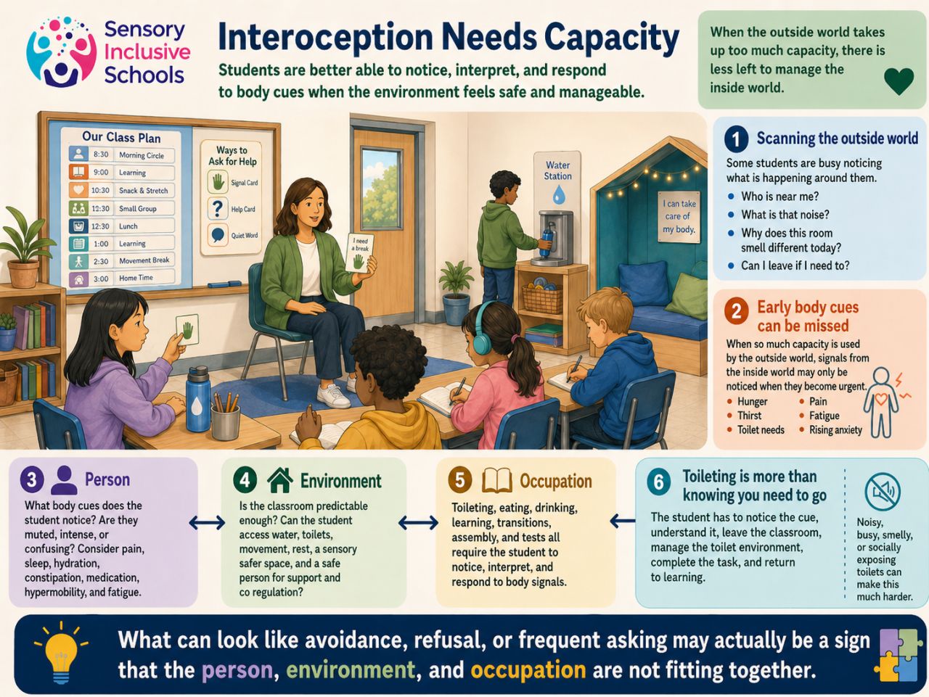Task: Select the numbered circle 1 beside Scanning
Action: pyautogui.click(x=736, y=139)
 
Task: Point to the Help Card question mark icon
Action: pyautogui.click(x=217, y=209)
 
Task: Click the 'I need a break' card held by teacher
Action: pyautogui.click(x=359, y=253)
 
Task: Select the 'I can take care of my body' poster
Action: pyautogui.click(x=679, y=216)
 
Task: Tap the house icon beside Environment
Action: pyautogui.click(x=279, y=480)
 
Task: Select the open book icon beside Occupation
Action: pyautogui.click(x=496, y=480)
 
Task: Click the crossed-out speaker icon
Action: pyautogui.click(x=883, y=492)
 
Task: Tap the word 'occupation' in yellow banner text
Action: pyautogui.click(x=528, y=669)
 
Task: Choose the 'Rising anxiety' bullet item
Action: pyautogui.click(x=835, y=430)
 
